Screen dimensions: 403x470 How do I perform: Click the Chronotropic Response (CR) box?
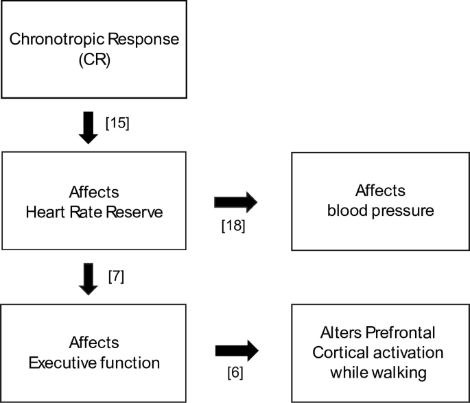point(93,48)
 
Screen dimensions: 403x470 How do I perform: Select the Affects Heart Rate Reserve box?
point(93,201)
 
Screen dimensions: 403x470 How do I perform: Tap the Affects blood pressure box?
point(381,201)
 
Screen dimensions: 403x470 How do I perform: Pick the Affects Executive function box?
point(93,352)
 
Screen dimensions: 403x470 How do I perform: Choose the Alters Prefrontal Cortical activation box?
point(381,352)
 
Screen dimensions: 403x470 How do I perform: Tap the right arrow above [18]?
point(235,201)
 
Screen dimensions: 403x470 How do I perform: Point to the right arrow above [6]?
point(235,351)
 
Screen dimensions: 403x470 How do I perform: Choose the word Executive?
point(58,363)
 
